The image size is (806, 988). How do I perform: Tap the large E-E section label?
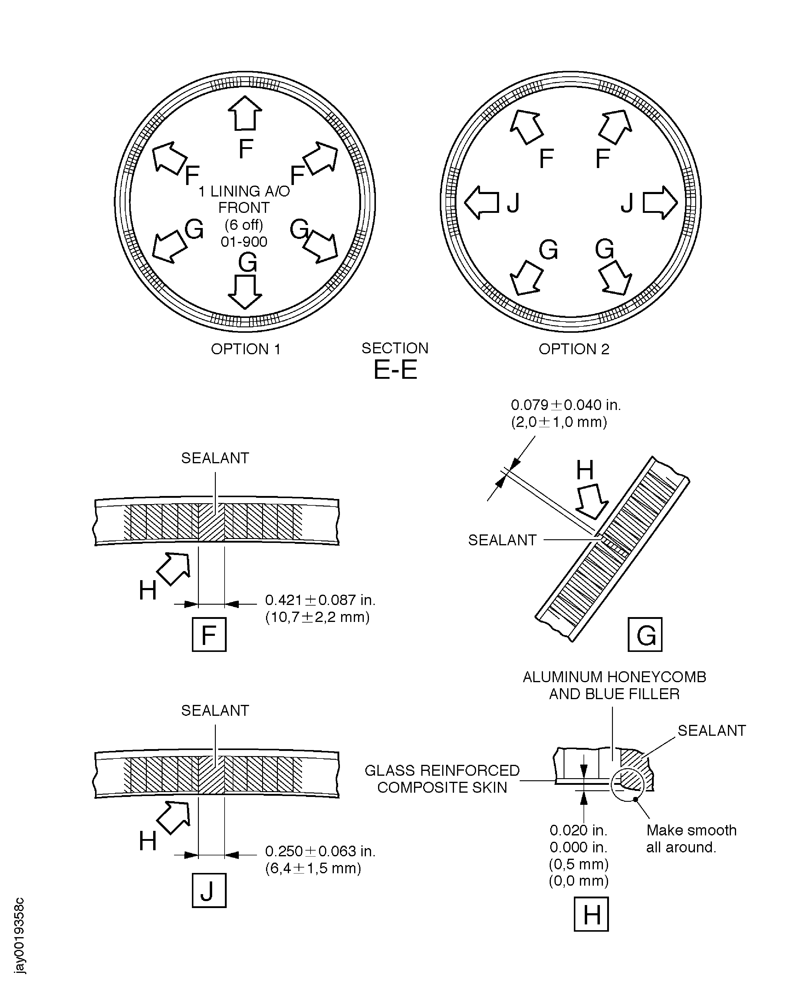[x=395, y=370]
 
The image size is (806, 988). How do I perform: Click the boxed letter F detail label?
[x=209, y=635]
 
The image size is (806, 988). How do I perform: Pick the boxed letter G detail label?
[x=645, y=635]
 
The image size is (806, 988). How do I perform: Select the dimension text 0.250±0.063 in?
[x=320, y=851]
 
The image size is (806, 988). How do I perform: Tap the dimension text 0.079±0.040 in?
[x=565, y=405]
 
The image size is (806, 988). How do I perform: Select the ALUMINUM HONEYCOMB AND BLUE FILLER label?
[x=614, y=686]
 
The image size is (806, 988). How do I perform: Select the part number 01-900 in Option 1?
[x=244, y=242]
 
